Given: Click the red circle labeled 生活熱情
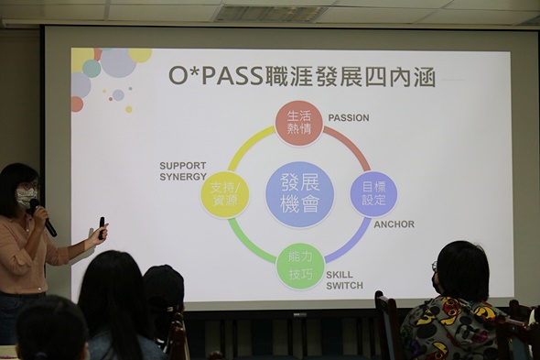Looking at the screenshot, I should point(298,123).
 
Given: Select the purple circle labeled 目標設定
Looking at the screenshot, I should point(373,194).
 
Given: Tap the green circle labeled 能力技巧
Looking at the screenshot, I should point(299,266).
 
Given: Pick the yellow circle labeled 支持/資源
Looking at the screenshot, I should point(224,194).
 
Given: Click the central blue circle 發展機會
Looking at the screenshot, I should point(299,194).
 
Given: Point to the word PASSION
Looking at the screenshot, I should point(349,118).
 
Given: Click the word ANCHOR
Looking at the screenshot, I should point(394,224).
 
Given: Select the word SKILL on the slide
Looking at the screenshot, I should point(340,274).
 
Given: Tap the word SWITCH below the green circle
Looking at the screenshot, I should point(344,286).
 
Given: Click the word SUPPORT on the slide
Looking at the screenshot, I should point(182,166).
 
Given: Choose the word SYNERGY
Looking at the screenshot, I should point(183,177).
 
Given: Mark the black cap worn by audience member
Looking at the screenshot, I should point(163,284).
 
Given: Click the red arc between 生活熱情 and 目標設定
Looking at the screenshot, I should point(349,146).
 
